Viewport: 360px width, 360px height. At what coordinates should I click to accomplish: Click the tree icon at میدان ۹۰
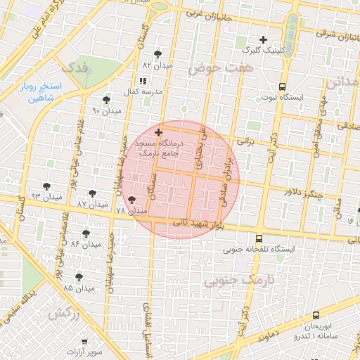(106, 100)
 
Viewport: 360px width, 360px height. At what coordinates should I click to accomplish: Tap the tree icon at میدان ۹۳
(46, 186)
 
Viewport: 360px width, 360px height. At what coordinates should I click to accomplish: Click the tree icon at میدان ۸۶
(86, 233)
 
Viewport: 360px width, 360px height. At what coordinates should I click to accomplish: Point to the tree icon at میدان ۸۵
(79, 277)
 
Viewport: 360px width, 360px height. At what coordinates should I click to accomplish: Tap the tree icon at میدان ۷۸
(131, 200)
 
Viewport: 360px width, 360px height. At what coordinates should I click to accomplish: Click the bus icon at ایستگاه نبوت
(282, 86)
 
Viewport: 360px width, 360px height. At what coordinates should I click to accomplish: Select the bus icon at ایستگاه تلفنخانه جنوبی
(259, 238)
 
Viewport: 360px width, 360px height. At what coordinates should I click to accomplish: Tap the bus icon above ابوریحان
(315, 316)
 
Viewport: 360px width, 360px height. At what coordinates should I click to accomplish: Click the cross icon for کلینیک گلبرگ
(264, 39)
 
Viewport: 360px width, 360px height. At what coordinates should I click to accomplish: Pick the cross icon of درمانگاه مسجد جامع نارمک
(158, 132)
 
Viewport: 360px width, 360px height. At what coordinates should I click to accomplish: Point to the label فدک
(77, 68)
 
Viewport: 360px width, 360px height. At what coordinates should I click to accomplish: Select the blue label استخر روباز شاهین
(41, 92)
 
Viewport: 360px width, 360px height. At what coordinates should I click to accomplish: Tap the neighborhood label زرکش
(63, 314)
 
